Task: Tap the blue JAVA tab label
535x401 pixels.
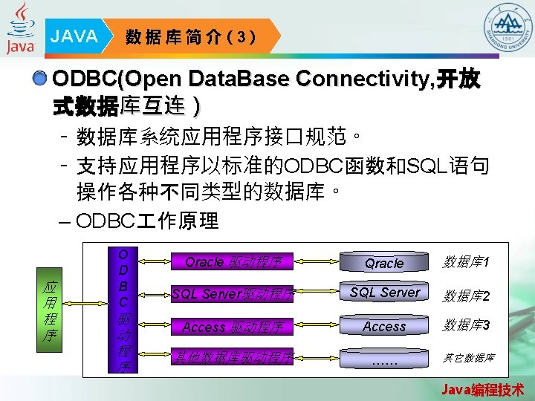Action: click(74, 36)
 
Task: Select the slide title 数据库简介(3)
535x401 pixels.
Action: click(191, 36)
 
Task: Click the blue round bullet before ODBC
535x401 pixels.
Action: click(42, 79)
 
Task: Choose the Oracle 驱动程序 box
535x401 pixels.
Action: click(233, 261)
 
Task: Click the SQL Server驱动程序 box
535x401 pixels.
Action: click(233, 293)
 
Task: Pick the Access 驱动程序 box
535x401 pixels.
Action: click(233, 326)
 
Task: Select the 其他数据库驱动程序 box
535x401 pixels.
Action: click(233, 357)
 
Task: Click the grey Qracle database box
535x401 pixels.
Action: click(384, 263)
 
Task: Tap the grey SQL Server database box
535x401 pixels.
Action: click(384, 293)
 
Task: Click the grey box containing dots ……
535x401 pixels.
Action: click(384, 360)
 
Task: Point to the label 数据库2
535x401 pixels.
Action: click(466, 296)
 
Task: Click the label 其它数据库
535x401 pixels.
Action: click(469, 358)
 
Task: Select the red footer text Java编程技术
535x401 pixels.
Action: click(482, 389)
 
